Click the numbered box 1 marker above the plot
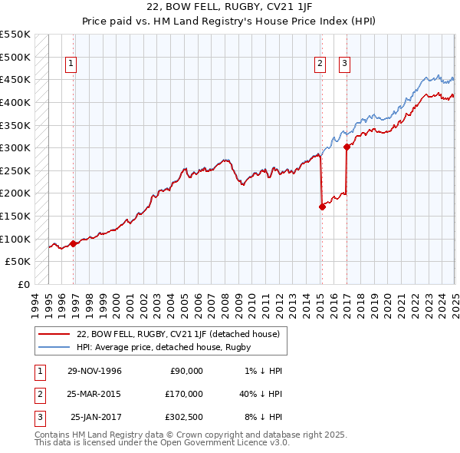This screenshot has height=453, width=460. [x=71, y=64]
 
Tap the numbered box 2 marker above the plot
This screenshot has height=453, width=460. [x=320, y=64]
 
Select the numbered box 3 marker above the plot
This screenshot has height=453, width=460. [x=344, y=64]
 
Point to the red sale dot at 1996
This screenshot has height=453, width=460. [x=74, y=243]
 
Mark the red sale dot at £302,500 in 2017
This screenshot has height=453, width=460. [x=347, y=147]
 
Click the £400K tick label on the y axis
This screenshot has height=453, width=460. [x=15, y=102]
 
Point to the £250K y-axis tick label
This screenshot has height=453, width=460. [x=15, y=170]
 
